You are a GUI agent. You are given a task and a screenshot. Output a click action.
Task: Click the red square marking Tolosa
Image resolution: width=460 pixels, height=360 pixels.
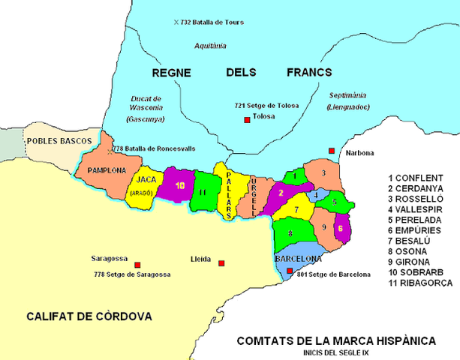(x=245, y=119)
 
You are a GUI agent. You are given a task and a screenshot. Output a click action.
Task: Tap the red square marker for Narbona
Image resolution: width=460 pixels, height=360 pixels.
(x=332, y=151)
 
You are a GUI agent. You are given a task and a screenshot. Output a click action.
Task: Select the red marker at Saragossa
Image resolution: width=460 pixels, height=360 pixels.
(x=137, y=264)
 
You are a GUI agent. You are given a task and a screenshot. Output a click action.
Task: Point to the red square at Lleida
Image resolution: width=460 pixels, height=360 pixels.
(x=221, y=262)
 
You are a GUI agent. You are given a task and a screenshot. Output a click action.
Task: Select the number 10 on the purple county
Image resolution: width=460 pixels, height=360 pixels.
(x=179, y=184)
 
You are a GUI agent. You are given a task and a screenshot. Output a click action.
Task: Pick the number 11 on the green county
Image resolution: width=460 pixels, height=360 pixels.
(x=203, y=192)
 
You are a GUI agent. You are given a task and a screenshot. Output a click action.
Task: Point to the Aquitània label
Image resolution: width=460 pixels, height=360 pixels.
(x=210, y=46)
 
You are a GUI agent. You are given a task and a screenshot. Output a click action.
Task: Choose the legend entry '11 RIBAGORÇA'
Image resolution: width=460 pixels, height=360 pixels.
(x=420, y=283)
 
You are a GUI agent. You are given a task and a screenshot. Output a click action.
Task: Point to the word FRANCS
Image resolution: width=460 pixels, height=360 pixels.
(x=308, y=73)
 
